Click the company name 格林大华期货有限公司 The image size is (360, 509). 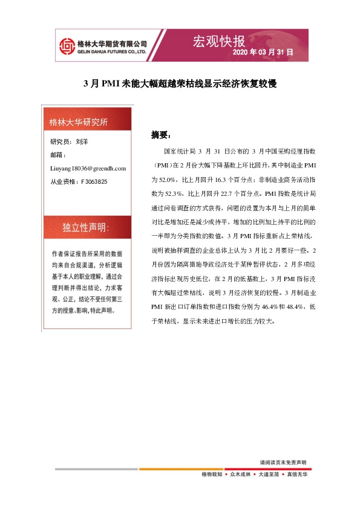click(113, 44)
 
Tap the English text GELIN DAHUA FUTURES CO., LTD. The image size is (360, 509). click(113, 52)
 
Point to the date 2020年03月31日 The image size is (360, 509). click(263, 53)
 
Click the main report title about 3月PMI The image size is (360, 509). click(180, 84)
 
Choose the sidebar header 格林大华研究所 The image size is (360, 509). click(78, 122)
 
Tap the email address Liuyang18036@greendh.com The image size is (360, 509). click(88, 168)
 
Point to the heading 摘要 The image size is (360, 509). click(161, 134)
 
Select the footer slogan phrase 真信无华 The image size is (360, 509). click(296, 475)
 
